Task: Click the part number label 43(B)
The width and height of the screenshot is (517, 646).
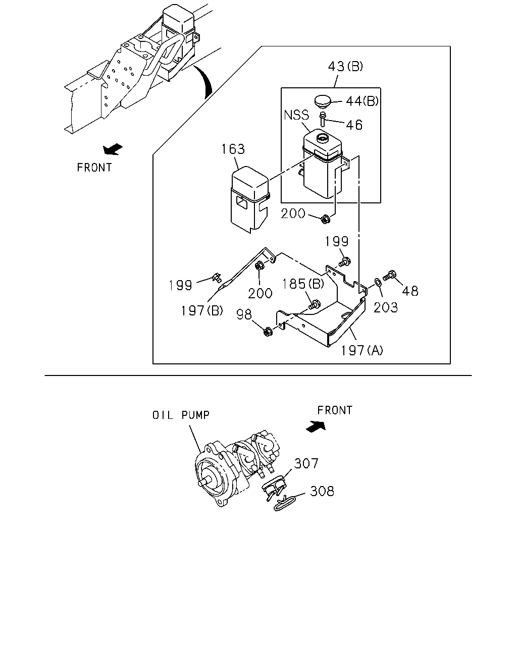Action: pyautogui.click(x=345, y=66)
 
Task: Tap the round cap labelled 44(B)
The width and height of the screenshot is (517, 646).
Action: pyautogui.click(x=323, y=100)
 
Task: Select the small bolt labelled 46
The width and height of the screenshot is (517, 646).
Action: pyautogui.click(x=323, y=119)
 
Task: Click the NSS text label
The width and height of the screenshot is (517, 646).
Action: pyautogui.click(x=296, y=115)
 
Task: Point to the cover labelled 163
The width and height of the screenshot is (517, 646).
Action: pyautogui.click(x=250, y=199)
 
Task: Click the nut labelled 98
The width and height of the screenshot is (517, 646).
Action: pyautogui.click(x=268, y=332)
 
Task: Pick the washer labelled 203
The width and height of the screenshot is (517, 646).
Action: pyautogui.click(x=378, y=282)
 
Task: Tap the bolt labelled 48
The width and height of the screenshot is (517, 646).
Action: pyautogui.click(x=390, y=275)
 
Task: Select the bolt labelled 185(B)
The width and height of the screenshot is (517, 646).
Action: pyautogui.click(x=315, y=305)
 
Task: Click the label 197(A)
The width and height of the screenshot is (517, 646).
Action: pyautogui.click(x=362, y=350)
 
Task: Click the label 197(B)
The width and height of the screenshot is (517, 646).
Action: pyautogui.click(x=202, y=310)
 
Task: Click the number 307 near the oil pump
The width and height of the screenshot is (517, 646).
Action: pyautogui.click(x=306, y=463)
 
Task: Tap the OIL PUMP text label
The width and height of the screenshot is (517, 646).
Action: pyautogui.click(x=181, y=415)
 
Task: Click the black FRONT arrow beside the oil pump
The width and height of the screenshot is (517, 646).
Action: pyautogui.click(x=316, y=426)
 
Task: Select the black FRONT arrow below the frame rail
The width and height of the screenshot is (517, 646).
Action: pyautogui.click(x=113, y=149)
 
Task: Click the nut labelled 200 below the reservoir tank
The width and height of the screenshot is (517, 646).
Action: pyautogui.click(x=325, y=220)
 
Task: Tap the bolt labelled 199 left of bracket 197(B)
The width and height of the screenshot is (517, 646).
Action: pyautogui.click(x=217, y=277)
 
